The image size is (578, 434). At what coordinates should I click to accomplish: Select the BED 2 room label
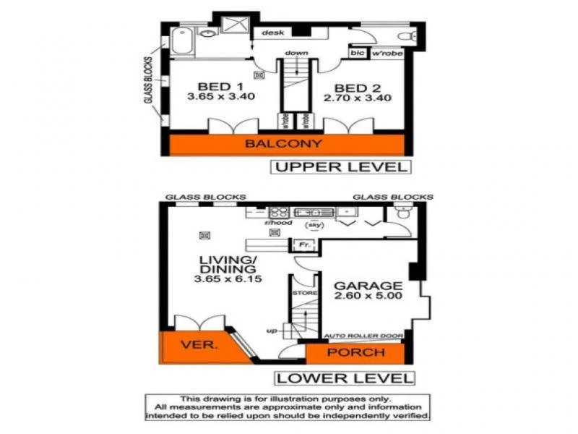[x=357, y=87]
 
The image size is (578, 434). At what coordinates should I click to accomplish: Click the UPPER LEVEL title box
[x=340, y=167]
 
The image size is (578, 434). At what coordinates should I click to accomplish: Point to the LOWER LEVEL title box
[x=345, y=378]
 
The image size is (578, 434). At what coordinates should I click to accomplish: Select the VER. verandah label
[x=200, y=344]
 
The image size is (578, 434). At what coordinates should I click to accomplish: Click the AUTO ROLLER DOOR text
[x=363, y=336]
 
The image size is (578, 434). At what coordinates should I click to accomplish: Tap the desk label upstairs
[x=272, y=33]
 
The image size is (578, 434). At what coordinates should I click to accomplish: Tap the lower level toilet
[x=402, y=212]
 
